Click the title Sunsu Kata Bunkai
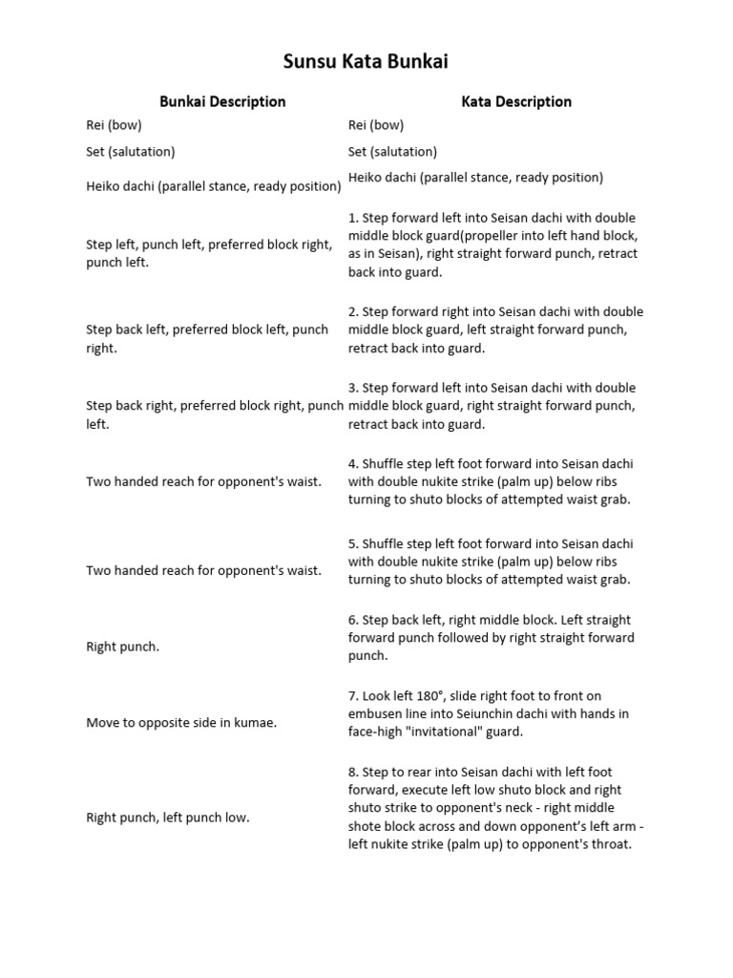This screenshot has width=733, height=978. [x=366, y=62]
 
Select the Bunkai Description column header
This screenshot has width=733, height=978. [x=222, y=101]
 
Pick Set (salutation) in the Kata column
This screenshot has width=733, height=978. [x=392, y=151]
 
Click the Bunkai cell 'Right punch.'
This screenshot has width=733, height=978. [x=123, y=647]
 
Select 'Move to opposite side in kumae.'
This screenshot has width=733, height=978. [x=181, y=723]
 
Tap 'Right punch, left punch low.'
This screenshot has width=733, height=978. [x=168, y=818]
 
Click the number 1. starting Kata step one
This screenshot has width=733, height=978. [x=353, y=218]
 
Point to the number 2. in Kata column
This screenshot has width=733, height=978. [x=353, y=312]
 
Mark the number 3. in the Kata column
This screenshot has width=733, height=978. [x=353, y=389]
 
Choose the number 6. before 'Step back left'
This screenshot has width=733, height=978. [x=353, y=621]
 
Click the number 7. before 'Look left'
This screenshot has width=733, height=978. [x=353, y=696]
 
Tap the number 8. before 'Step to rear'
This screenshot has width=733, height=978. [x=353, y=773]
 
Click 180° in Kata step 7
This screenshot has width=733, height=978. [x=443, y=696]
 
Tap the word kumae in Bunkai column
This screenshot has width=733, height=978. [x=254, y=723]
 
